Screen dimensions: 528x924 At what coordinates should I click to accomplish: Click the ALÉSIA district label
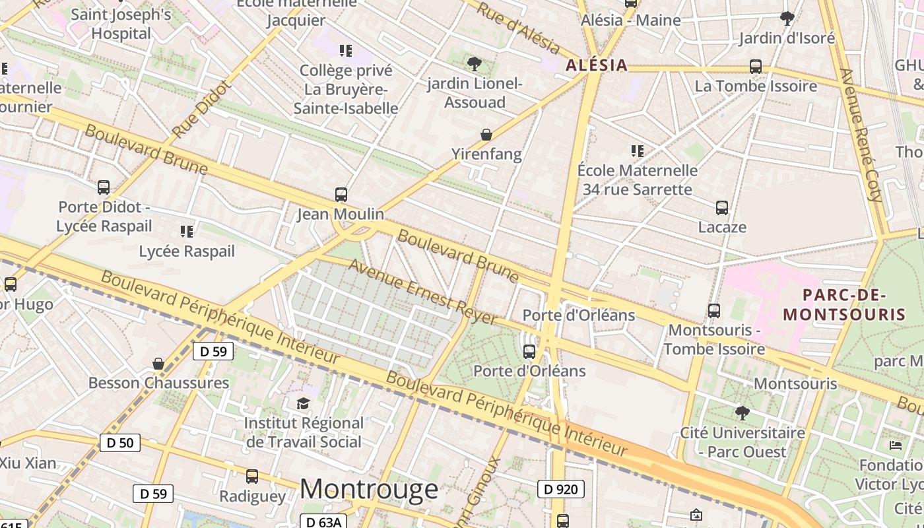(x=596, y=65)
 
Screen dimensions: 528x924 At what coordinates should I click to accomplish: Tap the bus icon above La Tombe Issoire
(x=756, y=67)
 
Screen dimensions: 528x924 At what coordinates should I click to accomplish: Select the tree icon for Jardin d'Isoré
(x=787, y=18)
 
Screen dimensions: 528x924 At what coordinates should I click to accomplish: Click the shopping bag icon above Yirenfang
(x=486, y=135)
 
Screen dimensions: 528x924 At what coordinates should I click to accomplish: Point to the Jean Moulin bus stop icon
(x=341, y=195)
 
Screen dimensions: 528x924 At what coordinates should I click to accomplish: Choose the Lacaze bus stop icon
(x=722, y=208)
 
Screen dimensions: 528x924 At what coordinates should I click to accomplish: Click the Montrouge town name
(x=369, y=489)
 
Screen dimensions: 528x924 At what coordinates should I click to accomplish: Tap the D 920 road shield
(x=561, y=489)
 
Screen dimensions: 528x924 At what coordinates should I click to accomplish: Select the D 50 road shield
(x=120, y=442)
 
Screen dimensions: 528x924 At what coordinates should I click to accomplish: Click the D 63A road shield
(x=323, y=521)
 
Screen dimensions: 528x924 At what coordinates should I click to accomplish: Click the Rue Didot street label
(x=201, y=110)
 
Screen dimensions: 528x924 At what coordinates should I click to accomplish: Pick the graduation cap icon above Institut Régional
(x=303, y=403)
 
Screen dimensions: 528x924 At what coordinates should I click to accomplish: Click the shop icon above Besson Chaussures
(x=158, y=364)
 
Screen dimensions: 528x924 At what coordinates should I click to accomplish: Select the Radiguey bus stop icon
(x=252, y=477)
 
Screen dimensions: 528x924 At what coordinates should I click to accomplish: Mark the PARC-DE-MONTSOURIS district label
(x=843, y=304)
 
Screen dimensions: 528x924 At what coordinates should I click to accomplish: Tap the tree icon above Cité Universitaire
(x=742, y=414)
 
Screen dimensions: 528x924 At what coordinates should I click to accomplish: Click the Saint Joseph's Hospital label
(x=121, y=24)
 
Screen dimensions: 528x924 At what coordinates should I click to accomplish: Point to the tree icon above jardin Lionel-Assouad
(x=474, y=64)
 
